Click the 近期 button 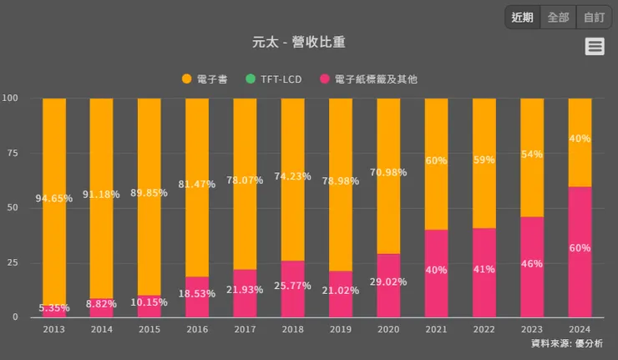pyautogui.click(x=522, y=17)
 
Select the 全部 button pyautogui.click(x=558, y=17)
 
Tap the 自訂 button pyautogui.click(x=594, y=17)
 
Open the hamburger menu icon pyautogui.click(x=595, y=47)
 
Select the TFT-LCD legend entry pyautogui.click(x=275, y=79)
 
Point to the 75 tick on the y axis pyautogui.click(x=12, y=153)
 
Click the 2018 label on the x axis pyautogui.click(x=293, y=329)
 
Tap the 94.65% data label pyautogui.click(x=54, y=199)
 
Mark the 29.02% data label pyautogui.click(x=388, y=282)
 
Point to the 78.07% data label pyautogui.click(x=246, y=180)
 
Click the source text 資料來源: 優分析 pyautogui.click(x=566, y=343)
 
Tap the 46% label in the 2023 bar pyautogui.click(x=532, y=263)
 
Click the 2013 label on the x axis pyautogui.click(x=54, y=329)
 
